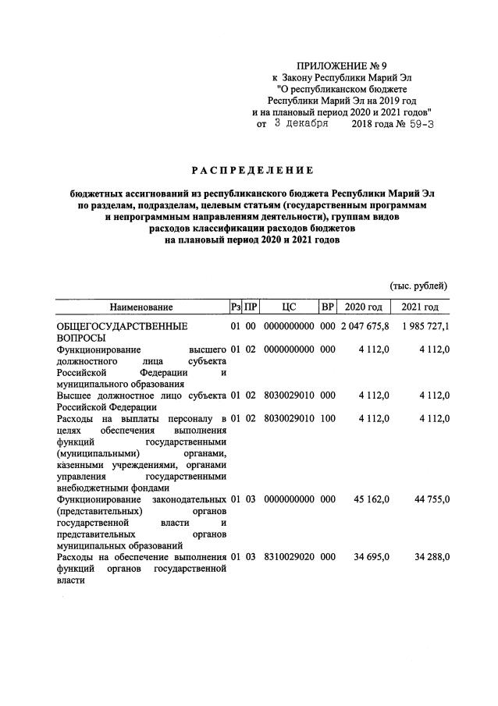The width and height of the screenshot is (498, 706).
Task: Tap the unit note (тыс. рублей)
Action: (x=418, y=286)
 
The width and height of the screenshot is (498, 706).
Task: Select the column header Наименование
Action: (x=141, y=307)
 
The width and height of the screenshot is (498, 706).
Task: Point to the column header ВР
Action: (x=328, y=307)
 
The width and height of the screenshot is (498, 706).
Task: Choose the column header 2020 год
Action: (x=364, y=307)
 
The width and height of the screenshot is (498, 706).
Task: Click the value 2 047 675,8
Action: (x=365, y=325)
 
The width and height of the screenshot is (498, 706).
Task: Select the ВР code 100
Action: (x=328, y=418)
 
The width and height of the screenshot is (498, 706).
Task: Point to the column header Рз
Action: (x=235, y=307)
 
